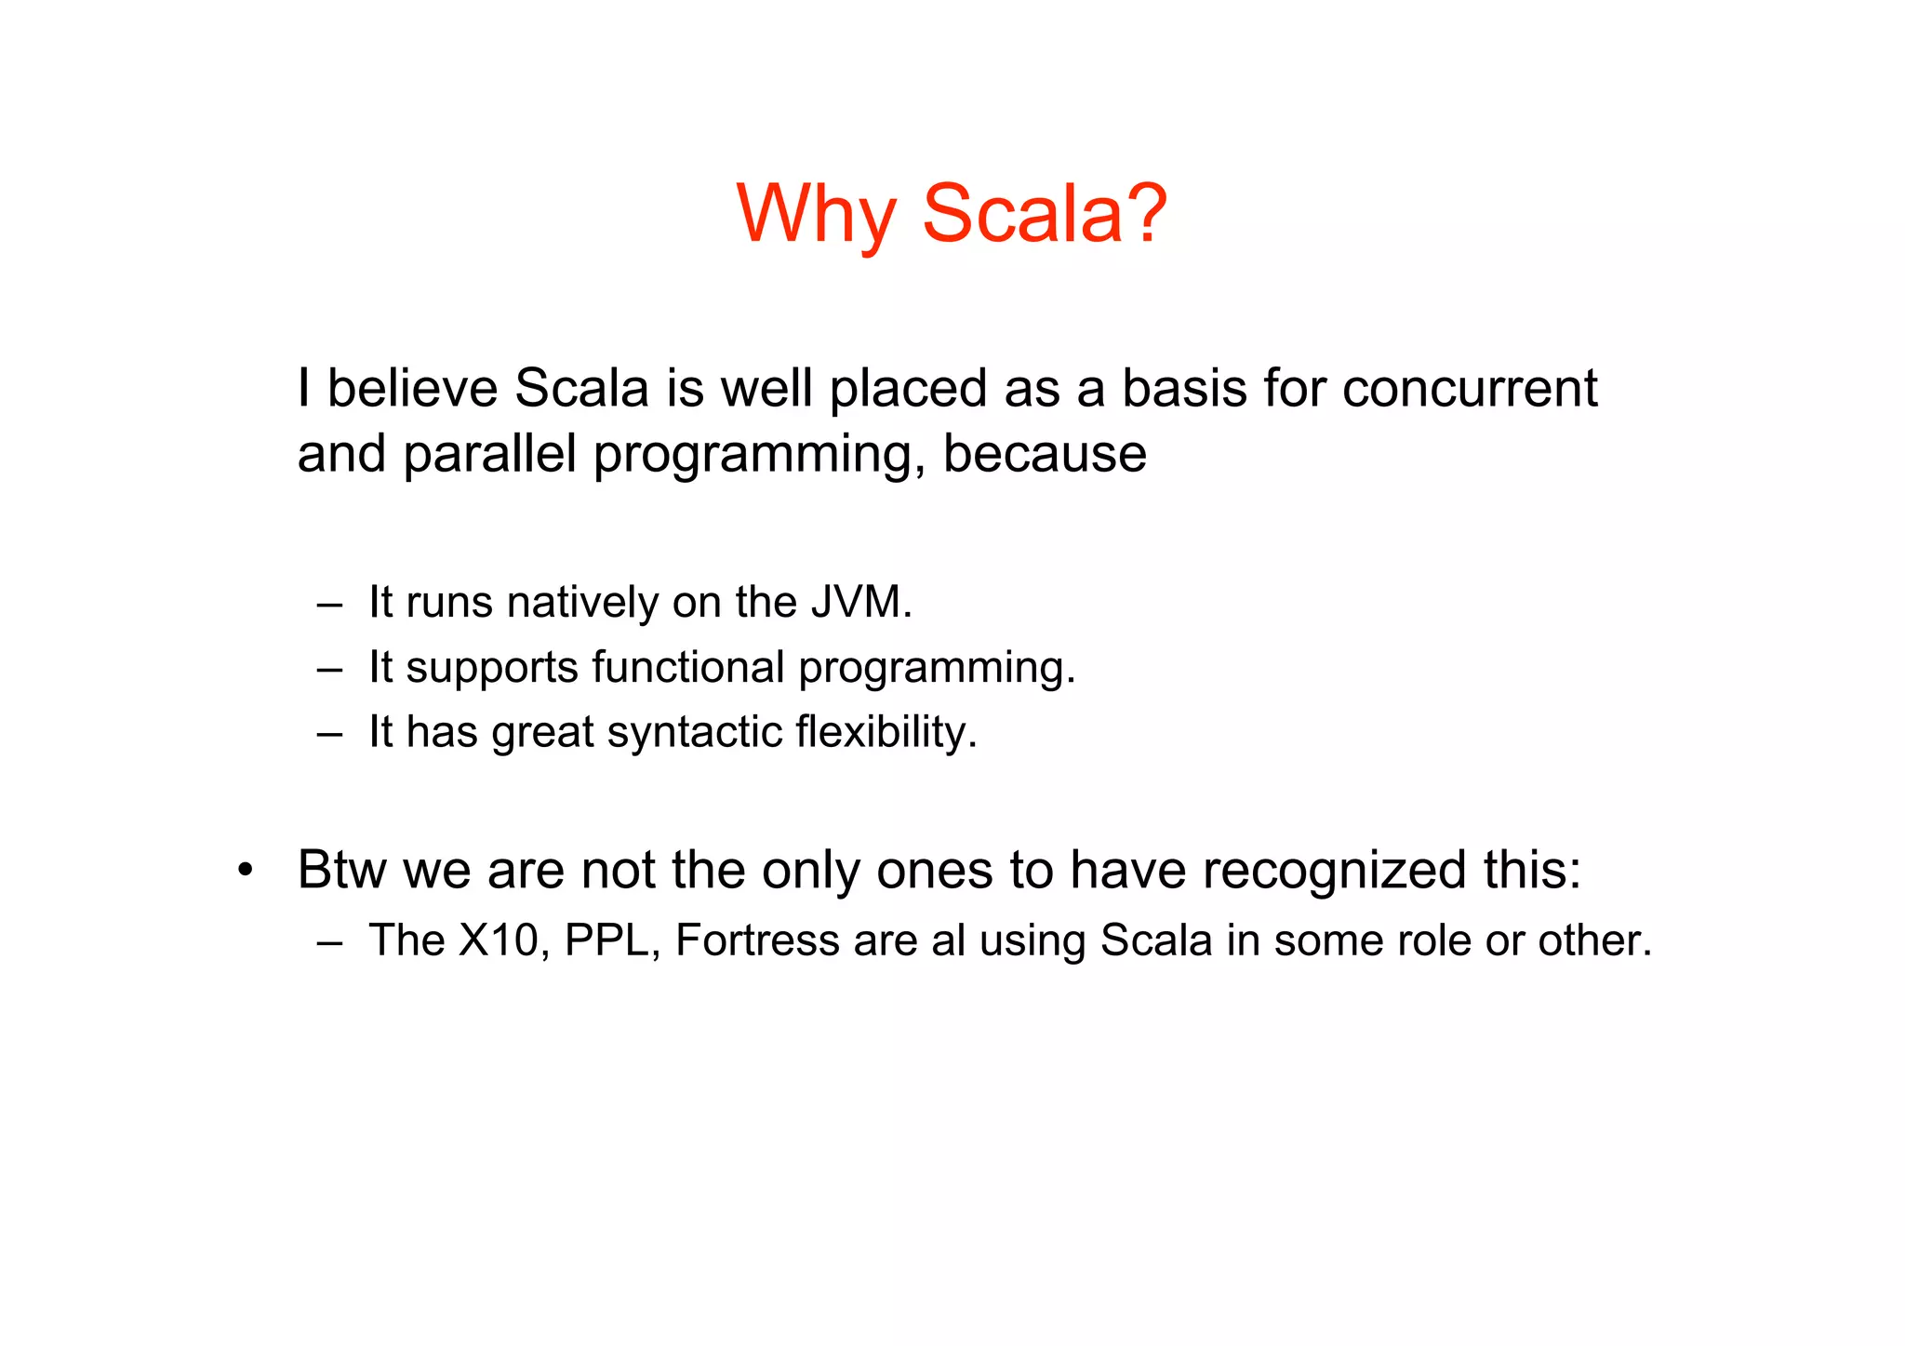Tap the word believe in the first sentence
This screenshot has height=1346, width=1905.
pos(413,388)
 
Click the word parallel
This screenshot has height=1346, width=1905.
pos(490,454)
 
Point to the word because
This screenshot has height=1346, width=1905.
pos(1045,454)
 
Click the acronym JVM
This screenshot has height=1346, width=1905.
pos(860,602)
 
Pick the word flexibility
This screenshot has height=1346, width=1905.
pos(886,731)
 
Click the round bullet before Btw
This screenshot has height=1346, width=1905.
pos(245,872)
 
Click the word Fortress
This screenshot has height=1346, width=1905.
pos(757,940)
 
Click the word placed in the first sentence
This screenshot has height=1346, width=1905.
pos(908,388)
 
